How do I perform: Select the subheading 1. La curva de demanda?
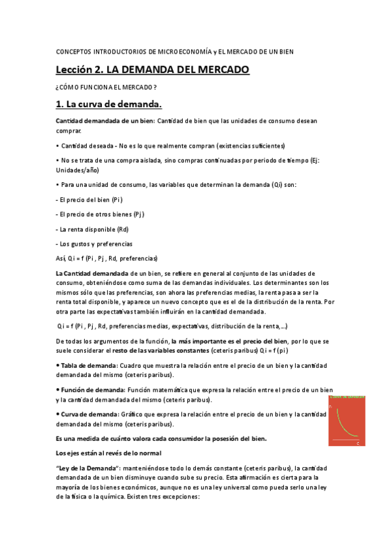pos(108,105)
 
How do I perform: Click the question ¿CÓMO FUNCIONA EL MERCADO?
pos(106,87)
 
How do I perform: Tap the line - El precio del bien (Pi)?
pos(89,199)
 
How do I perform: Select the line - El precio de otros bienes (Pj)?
pos(101,214)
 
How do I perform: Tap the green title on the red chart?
pos(347,397)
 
